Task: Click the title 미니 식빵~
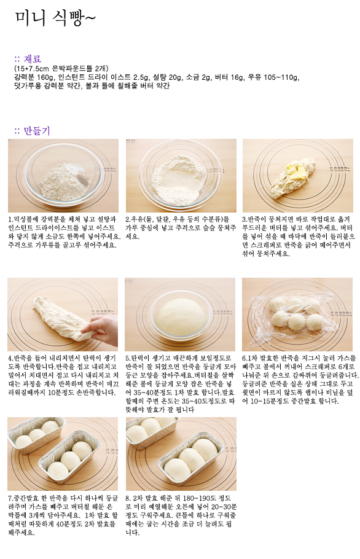pos(55,18)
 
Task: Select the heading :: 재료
pos(28,59)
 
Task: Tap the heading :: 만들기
pos(32,130)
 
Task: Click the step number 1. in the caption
pos(11,219)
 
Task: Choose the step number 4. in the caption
pos(11,358)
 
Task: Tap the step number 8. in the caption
pos(128,498)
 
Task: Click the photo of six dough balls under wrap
pos(297,315)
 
